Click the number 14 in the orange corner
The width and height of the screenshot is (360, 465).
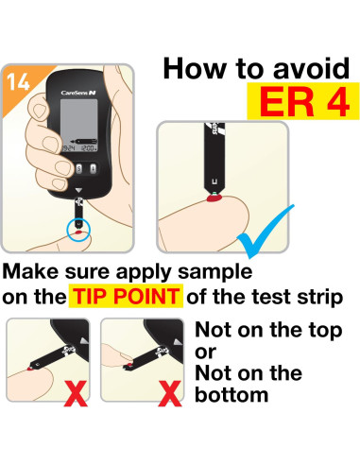tap(18, 82)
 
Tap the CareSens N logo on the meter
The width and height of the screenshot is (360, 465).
tap(78, 93)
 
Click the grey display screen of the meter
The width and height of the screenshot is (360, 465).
tap(78, 126)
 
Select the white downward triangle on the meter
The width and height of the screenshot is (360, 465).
tap(78, 190)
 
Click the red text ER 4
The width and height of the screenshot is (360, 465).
tap(304, 102)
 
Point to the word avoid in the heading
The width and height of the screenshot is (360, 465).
tap(311, 68)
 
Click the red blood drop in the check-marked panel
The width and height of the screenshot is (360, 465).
tap(214, 198)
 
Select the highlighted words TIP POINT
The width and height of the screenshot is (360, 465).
tap(126, 296)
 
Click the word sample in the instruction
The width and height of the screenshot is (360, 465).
tap(214, 272)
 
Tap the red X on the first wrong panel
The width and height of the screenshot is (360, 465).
tap(76, 393)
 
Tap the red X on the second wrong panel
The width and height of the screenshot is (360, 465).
tap(170, 393)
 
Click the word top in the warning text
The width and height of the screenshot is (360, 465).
tap(325, 331)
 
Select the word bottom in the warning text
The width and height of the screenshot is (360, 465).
tap(231, 394)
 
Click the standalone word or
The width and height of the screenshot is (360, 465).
tap(205, 353)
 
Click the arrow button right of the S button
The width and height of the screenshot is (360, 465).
tap(94, 168)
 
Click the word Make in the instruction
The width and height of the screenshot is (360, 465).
tap(30, 270)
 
